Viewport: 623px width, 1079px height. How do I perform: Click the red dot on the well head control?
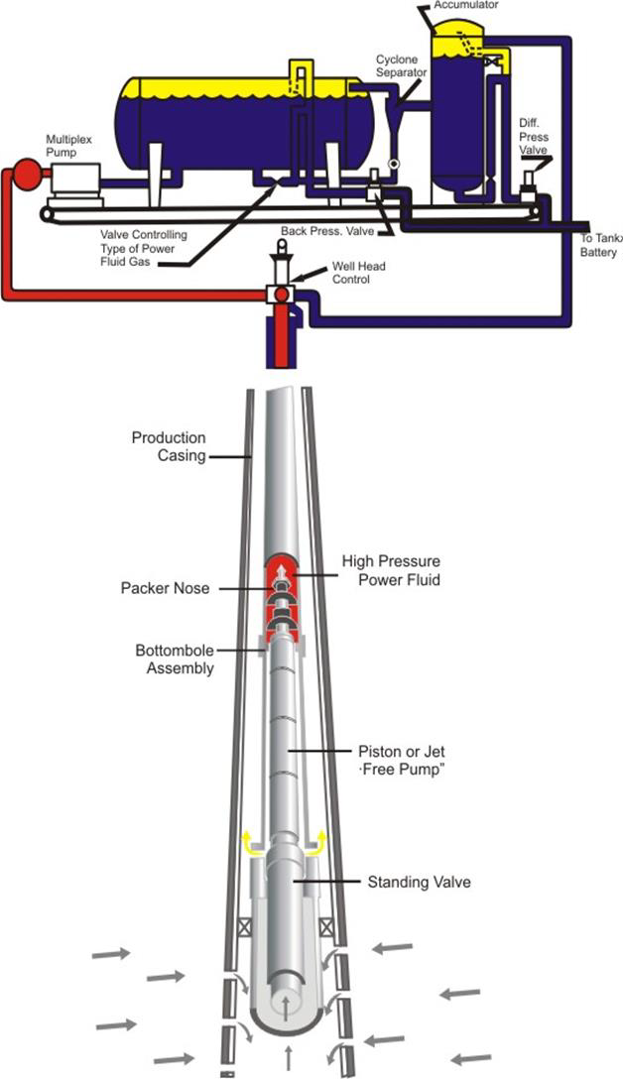[x=282, y=295]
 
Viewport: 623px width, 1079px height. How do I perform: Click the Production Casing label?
[x=169, y=446]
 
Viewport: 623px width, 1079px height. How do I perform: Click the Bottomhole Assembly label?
[x=174, y=659]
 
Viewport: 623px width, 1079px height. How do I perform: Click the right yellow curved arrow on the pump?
[x=318, y=845]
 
